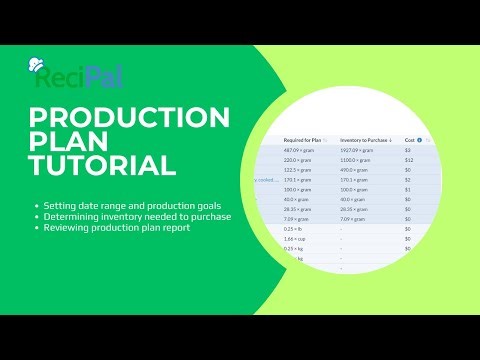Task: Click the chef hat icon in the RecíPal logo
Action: (x=38, y=63)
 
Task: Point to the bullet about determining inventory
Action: (x=130, y=215)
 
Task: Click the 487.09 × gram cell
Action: (x=297, y=149)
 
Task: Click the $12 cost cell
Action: (x=410, y=160)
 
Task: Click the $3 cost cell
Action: (x=409, y=149)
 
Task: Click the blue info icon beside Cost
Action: (x=419, y=140)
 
